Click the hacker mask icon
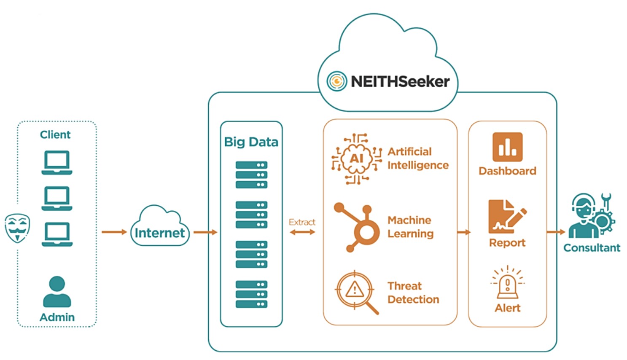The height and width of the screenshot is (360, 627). pyautogui.click(x=17, y=228)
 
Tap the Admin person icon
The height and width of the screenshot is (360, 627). pyautogui.click(x=57, y=291)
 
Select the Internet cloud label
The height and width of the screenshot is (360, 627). pyautogui.click(x=159, y=233)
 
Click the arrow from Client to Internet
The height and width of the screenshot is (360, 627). pyautogui.click(x=114, y=232)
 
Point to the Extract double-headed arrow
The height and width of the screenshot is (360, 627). pyautogui.click(x=302, y=232)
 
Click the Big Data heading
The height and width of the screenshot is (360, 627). pyautogui.click(x=251, y=142)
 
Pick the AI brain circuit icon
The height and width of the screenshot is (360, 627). pyautogui.click(x=356, y=159)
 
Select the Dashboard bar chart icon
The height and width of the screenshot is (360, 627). pyautogui.click(x=507, y=147)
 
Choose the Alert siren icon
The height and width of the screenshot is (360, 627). pyautogui.click(x=507, y=282)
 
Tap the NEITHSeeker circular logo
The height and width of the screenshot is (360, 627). pyautogui.click(x=336, y=81)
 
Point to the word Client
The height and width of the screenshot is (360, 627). pyautogui.click(x=55, y=135)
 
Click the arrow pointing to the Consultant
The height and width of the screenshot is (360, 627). pyautogui.click(x=555, y=232)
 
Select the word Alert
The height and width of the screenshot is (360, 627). pyautogui.click(x=507, y=308)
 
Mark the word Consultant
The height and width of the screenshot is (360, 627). pyautogui.click(x=592, y=248)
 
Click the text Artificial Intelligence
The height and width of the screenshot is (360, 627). pyautogui.click(x=417, y=159)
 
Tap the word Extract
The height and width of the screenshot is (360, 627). pyautogui.click(x=302, y=222)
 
